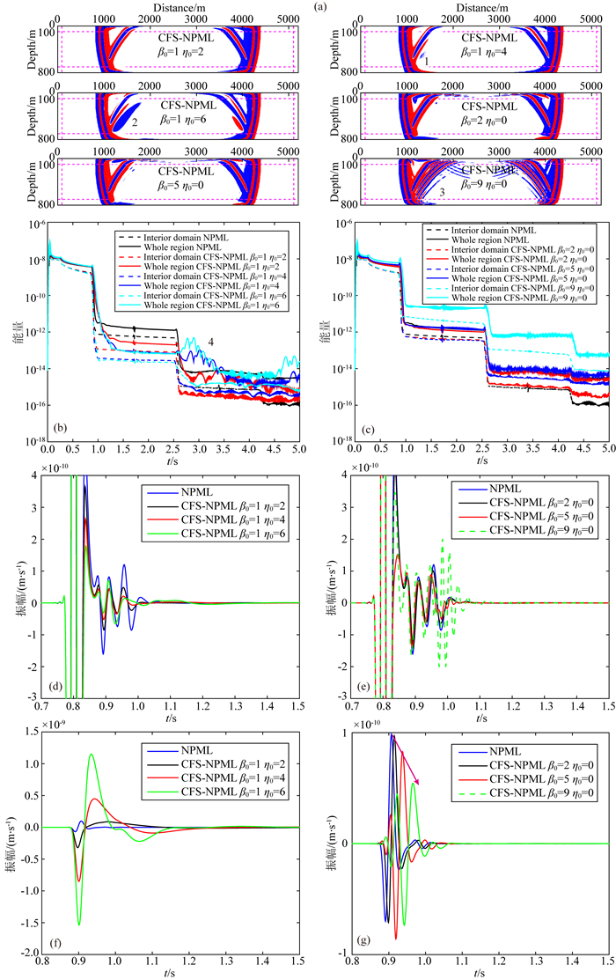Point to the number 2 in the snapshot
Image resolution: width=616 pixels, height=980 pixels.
click(x=135, y=123)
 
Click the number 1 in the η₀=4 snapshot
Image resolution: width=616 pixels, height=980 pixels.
click(x=426, y=62)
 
